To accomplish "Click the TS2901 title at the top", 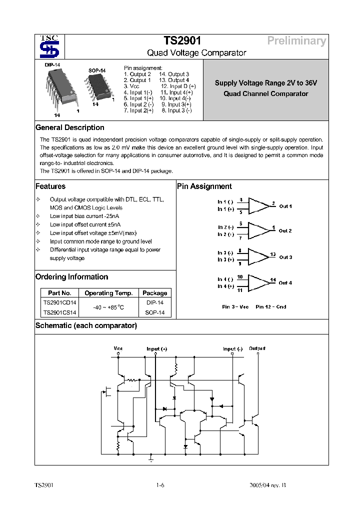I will point(182,41).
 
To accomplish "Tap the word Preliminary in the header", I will point(296,41).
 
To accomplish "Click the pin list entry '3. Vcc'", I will point(131,86).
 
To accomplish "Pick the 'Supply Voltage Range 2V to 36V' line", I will point(266,83).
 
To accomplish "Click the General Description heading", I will point(70,127).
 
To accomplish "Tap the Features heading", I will point(50,186).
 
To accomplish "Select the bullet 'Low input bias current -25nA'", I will point(81,216).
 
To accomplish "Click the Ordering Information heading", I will point(71,277).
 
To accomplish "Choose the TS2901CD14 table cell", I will point(59,302).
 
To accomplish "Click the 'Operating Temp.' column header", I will point(108,293).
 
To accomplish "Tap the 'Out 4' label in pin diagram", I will point(285,282).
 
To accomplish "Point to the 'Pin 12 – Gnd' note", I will point(270,306).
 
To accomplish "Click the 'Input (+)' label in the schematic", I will point(157,348).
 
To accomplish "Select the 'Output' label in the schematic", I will point(257,348).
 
